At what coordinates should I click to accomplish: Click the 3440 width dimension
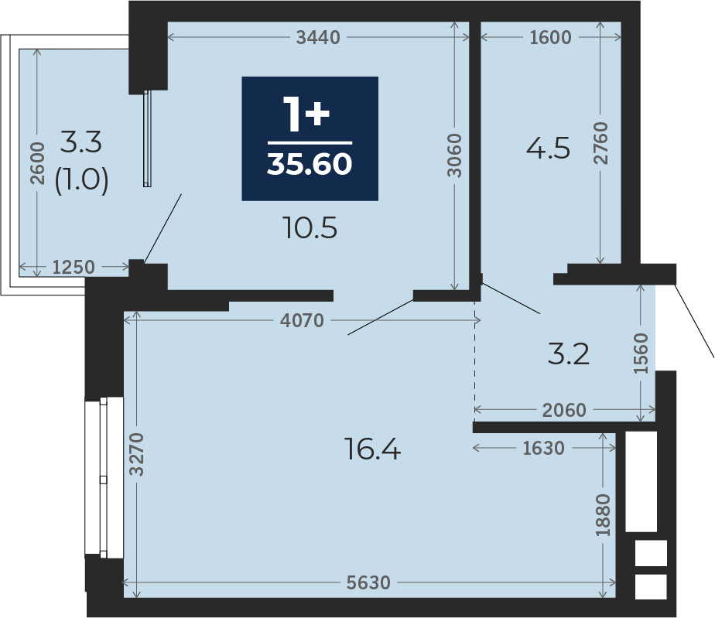(x=318, y=37)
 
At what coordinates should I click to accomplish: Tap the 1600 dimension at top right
(x=550, y=37)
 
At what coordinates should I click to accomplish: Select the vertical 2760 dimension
(x=600, y=143)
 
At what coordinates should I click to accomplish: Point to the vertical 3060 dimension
(x=454, y=155)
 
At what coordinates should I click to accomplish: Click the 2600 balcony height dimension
(x=37, y=163)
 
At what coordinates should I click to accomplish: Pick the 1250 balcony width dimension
(x=74, y=267)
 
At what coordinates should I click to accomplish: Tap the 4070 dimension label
(x=302, y=320)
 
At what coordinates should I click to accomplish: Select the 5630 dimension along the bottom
(x=368, y=582)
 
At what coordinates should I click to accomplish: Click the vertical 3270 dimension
(x=136, y=454)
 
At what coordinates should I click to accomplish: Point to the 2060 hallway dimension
(x=564, y=410)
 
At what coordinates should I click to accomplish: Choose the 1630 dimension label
(x=543, y=448)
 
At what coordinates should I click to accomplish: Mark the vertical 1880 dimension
(x=603, y=515)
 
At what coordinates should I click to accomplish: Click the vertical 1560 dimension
(x=641, y=353)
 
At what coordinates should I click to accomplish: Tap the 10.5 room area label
(x=310, y=228)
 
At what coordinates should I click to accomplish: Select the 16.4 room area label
(x=372, y=449)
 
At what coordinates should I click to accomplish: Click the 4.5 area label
(x=548, y=149)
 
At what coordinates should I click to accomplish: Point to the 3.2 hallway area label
(x=569, y=354)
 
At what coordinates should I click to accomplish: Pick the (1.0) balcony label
(x=81, y=179)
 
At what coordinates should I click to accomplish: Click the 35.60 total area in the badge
(x=310, y=164)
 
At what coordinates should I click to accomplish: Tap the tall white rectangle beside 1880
(x=641, y=482)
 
